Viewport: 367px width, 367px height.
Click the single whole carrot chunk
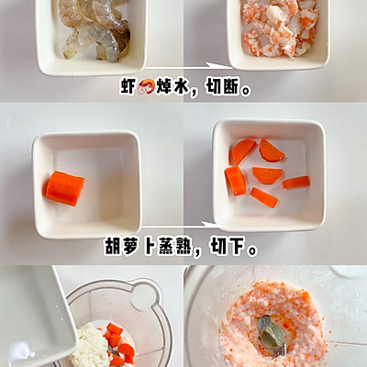(x=65, y=188)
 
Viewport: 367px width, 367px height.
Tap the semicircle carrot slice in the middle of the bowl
(x=267, y=174)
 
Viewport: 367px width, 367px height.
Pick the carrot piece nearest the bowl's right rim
(x=296, y=183)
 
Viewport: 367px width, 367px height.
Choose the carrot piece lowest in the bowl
(x=264, y=197)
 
